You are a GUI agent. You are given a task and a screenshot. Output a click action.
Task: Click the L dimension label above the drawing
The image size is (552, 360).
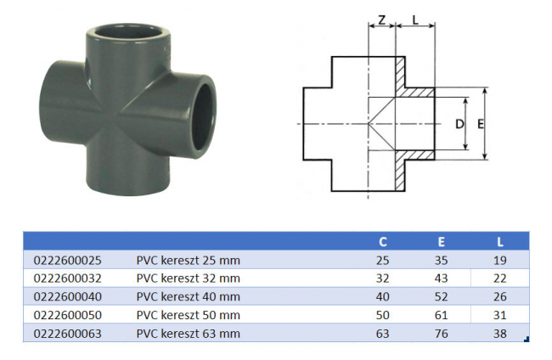tap(415, 19)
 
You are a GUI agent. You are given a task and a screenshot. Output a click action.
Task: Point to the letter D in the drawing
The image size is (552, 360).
tap(459, 124)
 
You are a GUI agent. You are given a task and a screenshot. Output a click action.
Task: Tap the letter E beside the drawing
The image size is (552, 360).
tap(481, 124)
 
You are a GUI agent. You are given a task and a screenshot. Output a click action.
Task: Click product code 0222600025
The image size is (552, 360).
tap(66, 259)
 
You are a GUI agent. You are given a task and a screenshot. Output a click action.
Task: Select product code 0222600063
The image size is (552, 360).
tap(66, 334)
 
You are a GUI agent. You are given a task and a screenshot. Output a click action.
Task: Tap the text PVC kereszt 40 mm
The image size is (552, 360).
tap(189, 296)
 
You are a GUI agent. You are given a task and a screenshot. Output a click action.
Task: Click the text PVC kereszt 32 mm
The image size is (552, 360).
tap(189, 278)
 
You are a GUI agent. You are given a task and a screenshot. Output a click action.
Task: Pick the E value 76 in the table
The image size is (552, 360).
tap(441, 334)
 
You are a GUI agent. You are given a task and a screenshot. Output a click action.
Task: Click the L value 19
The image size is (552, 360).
tap(498, 259)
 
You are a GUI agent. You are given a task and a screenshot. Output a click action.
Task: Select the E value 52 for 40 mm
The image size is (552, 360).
tap(441, 296)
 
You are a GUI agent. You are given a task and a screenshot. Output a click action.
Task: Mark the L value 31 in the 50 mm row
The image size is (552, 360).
tap(498, 315)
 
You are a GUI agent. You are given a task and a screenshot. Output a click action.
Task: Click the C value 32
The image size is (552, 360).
tap(381, 278)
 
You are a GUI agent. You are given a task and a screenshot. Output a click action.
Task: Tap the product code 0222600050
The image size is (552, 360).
tap(66, 315)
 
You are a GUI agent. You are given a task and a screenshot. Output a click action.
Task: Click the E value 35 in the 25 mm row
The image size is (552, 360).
tap(441, 259)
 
